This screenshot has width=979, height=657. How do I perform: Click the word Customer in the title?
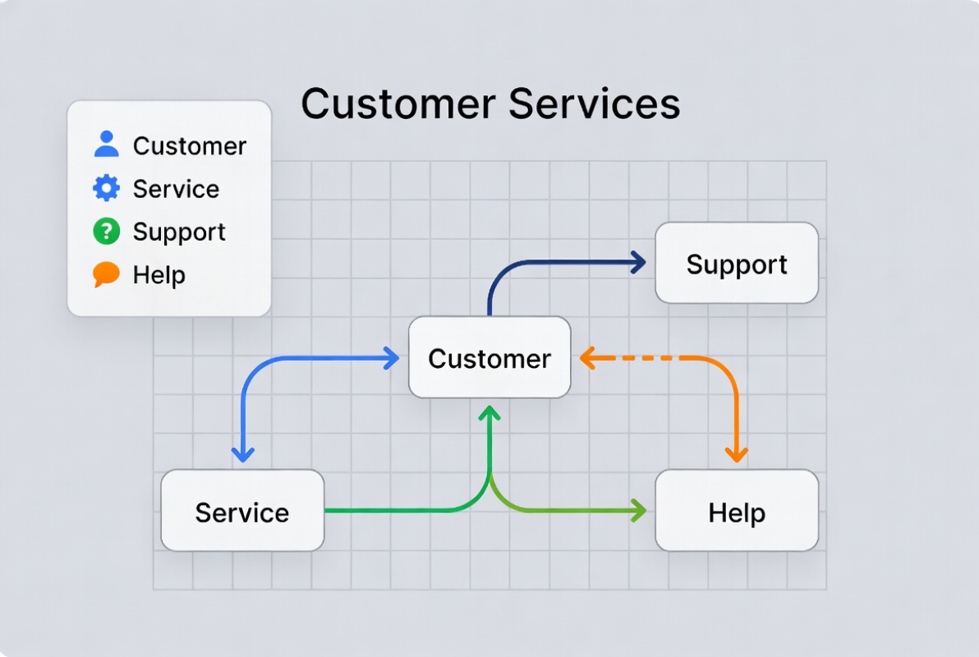[398, 104]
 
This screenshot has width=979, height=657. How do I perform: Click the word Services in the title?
[595, 104]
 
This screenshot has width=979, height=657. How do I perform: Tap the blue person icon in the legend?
[106, 145]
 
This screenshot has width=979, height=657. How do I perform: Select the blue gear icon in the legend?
[106, 188]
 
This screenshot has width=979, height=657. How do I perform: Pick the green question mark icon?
[106, 232]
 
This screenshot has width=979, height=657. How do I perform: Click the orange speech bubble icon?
[106, 274]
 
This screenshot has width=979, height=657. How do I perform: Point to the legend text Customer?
[190, 146]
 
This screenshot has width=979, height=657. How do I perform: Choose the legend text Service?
[176, 189]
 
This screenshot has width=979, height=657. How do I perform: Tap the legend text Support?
[179, 232]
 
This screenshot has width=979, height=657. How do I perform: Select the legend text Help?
[159, 275]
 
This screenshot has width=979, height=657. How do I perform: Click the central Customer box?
[489, 358]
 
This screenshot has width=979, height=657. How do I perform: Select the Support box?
[737, 264]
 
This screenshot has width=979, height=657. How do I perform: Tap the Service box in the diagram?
[242, 512]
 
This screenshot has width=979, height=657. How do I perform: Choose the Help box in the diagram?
[737, 512]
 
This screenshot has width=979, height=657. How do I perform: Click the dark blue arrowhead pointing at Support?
[637, 263]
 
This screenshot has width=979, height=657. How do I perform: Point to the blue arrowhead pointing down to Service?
[242, 453]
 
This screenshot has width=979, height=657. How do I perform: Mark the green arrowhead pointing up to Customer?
[490, 413]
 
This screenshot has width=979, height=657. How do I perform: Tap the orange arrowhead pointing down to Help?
[736, 453]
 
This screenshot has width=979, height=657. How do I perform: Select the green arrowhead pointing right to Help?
[637, 511]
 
